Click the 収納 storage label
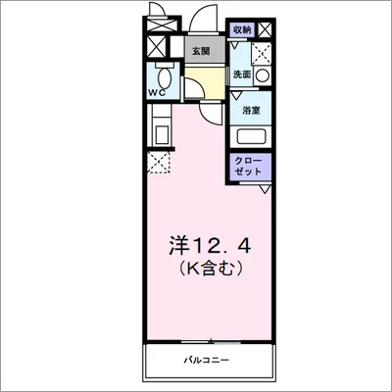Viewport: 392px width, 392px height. tap(240, 30)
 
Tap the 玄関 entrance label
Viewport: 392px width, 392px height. tap(201, 52)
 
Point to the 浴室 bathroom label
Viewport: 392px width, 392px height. tap(252, 110)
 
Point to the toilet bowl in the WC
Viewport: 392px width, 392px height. tap(165, 77)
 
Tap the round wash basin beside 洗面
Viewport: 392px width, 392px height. tap(262, 75)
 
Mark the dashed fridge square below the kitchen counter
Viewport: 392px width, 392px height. tap(158, 162)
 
